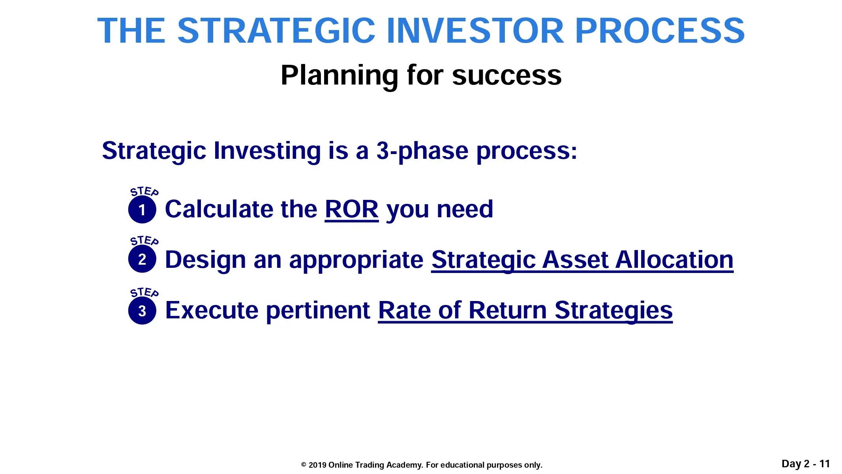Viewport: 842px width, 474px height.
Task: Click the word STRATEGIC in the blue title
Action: pyautogui.click(x=276, y=30)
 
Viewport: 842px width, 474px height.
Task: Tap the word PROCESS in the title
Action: pyautogui.click(x=660, y=30)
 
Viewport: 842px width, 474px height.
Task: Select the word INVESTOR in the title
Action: pyautogui.click(x=475, y=30)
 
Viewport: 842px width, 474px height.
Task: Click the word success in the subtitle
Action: pyautogui.click(x=507, y=75)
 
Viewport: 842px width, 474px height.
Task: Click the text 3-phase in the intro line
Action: pyautogui.click(x=422, y=151)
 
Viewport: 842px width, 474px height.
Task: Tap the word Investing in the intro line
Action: pyautogui.click(x=267, y=151)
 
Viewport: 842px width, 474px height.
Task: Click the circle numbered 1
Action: pyautogui.click(x=142, y=209)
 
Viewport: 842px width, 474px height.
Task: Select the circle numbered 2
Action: pyautogui.click(x=142, y=259)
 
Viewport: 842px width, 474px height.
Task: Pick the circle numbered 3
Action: pyautogui.click(x=142, y=310)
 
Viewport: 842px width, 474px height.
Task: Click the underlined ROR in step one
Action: pyautogui.click(x=352, y=209)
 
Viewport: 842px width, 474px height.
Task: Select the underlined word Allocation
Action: pyautogui.click(x=674, y=260)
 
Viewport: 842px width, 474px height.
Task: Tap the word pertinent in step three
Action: pyautogui.click(x=318, y=311)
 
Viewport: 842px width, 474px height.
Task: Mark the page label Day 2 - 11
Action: pyautogui.click(x=806, y=464)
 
